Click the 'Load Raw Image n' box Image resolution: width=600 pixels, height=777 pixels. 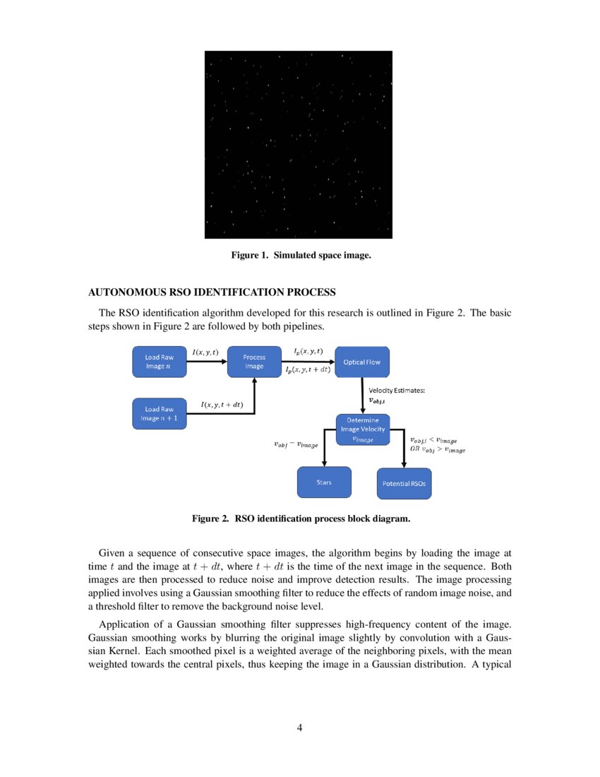click(x=159, y=362)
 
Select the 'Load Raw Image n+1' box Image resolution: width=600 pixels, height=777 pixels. click(x=159, y=413)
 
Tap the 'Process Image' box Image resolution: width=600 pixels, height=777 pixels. click(x=254, y=362)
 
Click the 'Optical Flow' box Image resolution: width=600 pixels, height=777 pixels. click(x=361, y=362)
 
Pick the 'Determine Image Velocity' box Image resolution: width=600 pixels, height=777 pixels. click(x=361, y=429)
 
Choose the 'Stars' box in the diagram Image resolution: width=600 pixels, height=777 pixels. click(x=324, y=482)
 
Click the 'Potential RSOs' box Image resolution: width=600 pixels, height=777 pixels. click(x=404, y=484)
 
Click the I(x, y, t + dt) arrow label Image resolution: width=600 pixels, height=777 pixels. click(x=221, y=404)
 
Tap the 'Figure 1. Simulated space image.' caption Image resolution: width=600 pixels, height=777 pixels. click(x=301, y=255)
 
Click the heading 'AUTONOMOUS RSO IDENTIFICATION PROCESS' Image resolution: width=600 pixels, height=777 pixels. click(x=212, y=292)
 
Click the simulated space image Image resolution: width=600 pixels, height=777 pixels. click(x=298, y=145)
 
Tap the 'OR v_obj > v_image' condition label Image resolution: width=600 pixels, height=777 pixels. click(x=438, y=449)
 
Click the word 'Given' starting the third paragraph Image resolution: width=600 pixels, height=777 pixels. click(x=113, y=552)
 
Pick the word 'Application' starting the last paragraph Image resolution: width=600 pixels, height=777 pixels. click(x=125, y=624)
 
